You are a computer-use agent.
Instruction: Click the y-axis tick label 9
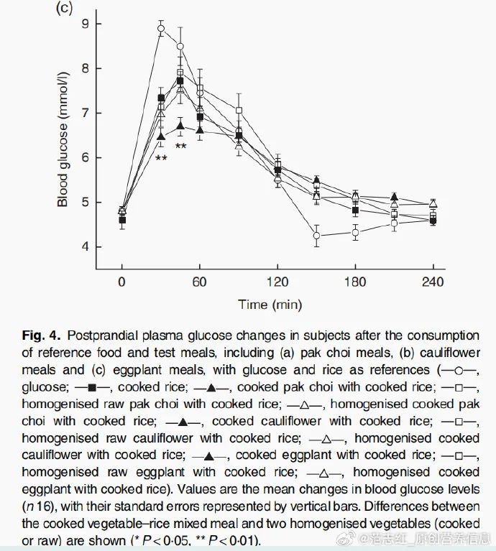tap(85, 24)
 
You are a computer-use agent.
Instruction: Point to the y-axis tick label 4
tap(85, 246)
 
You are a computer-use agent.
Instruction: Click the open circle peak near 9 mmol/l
tap(161, 29)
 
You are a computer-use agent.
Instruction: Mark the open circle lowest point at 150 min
tap(316, 236)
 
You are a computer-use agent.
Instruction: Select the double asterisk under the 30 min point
tap(161, 157)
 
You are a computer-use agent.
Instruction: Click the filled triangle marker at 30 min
tap(161, 136)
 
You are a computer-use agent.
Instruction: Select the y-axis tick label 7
tap(85, 113)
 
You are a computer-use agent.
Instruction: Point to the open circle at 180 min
tap(355, 232)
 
